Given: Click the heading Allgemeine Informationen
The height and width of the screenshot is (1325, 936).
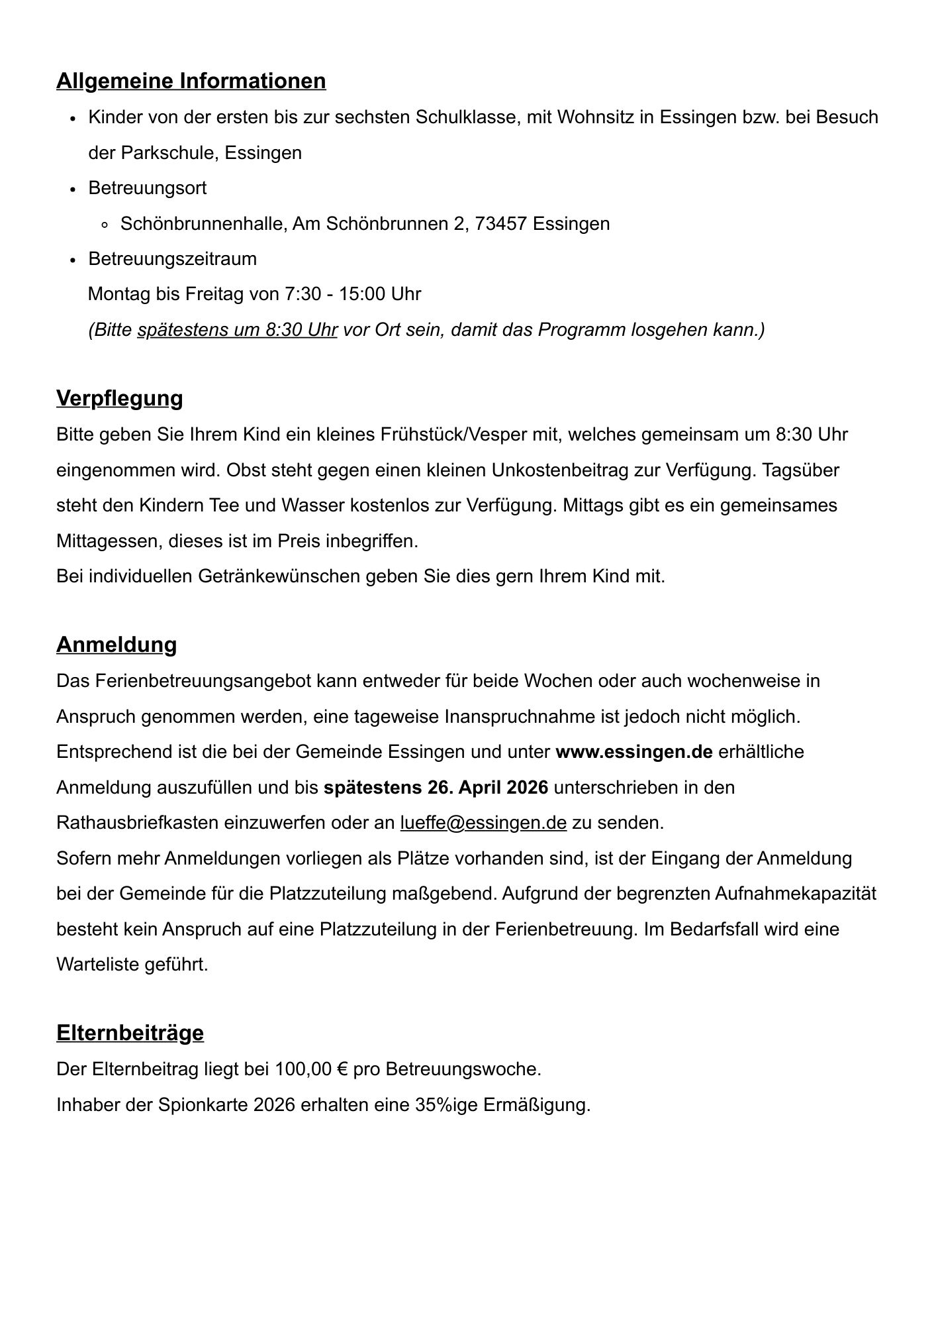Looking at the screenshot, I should point(191,81).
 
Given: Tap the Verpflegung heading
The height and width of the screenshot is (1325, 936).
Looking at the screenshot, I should point(119,398).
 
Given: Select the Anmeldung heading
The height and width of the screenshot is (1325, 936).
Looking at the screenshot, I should point(117,645).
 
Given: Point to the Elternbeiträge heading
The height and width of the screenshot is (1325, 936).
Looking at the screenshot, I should point(130,1033).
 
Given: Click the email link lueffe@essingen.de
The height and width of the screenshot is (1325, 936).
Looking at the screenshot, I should point(483,823).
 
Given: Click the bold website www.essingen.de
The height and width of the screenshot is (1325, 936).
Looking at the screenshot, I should point(633,752).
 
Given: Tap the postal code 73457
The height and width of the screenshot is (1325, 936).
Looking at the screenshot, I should point(501,224).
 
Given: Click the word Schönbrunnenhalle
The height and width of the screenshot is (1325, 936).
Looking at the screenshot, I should point(203,224).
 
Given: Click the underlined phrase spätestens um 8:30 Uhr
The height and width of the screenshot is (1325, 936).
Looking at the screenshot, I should point(237,330).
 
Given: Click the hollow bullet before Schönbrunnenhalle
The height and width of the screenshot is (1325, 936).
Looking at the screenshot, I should point(105,225).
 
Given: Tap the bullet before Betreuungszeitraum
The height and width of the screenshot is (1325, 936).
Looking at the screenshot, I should point(73,260).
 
